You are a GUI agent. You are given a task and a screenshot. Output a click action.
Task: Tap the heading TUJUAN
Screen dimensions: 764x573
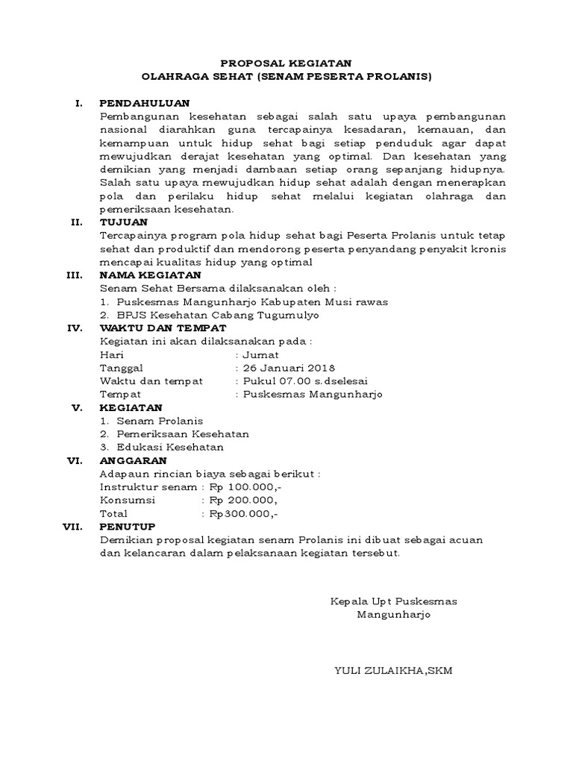[124, 222]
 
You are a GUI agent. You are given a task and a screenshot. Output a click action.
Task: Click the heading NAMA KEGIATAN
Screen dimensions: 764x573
[150, 275]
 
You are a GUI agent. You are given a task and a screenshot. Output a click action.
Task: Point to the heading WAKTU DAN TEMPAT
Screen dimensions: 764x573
[162, 328]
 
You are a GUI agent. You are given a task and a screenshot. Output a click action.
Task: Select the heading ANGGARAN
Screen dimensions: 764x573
[134, 460]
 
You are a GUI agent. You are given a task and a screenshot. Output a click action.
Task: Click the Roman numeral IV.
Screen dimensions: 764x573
[74, 328]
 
